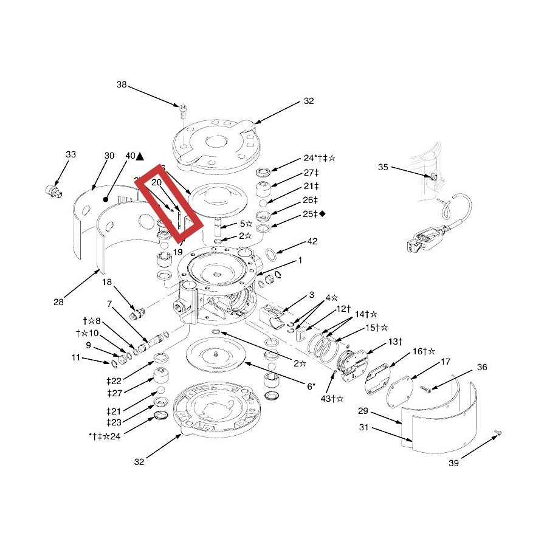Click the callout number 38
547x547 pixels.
(x=122, y=85)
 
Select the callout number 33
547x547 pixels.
(x=71, y=155)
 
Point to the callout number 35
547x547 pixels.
(x=383, y=167)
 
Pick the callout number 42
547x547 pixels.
(x=312, y=241)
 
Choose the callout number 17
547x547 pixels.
(x=446, y=362)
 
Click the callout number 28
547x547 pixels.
(x=58, y=302)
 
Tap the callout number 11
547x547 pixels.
(x=75, y=358)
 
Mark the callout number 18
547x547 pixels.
(x=107, y=282)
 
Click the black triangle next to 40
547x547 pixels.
(x=140, y=156)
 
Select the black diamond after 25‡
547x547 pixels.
(x=322, y=213)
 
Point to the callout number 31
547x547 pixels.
(x=364, y=428)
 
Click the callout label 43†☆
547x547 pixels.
(x=332, y=399)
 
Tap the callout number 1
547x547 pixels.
(x=300, y=260)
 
